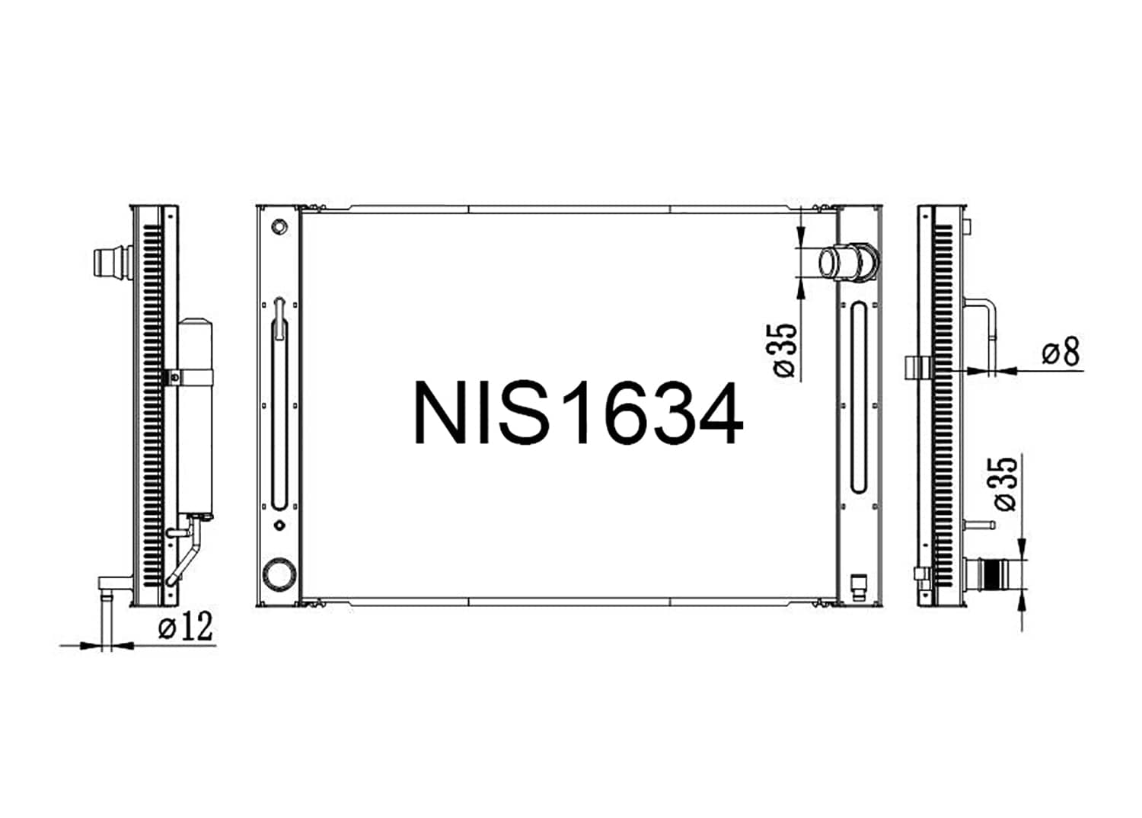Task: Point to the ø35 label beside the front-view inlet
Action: pyautogui.click(x=785, y=350)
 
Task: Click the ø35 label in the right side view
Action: pyautogui.click(x=1006, y=484)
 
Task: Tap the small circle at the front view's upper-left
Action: pyautogui.click(x=279, y=226)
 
